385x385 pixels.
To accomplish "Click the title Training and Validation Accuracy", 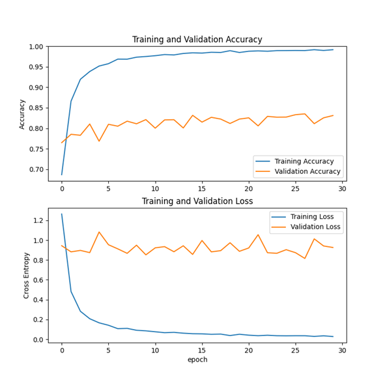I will [197, 40].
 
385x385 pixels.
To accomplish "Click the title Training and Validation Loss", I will [197, 201].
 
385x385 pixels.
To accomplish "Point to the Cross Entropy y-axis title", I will [27, 276].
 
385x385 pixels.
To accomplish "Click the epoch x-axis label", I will [197, 360].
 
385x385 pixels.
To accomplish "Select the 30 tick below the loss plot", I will [342, 350].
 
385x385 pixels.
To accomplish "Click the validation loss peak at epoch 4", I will [99, 232].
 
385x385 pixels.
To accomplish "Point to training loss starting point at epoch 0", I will [62, 214].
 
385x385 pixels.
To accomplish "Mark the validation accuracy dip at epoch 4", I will [99, 141].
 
